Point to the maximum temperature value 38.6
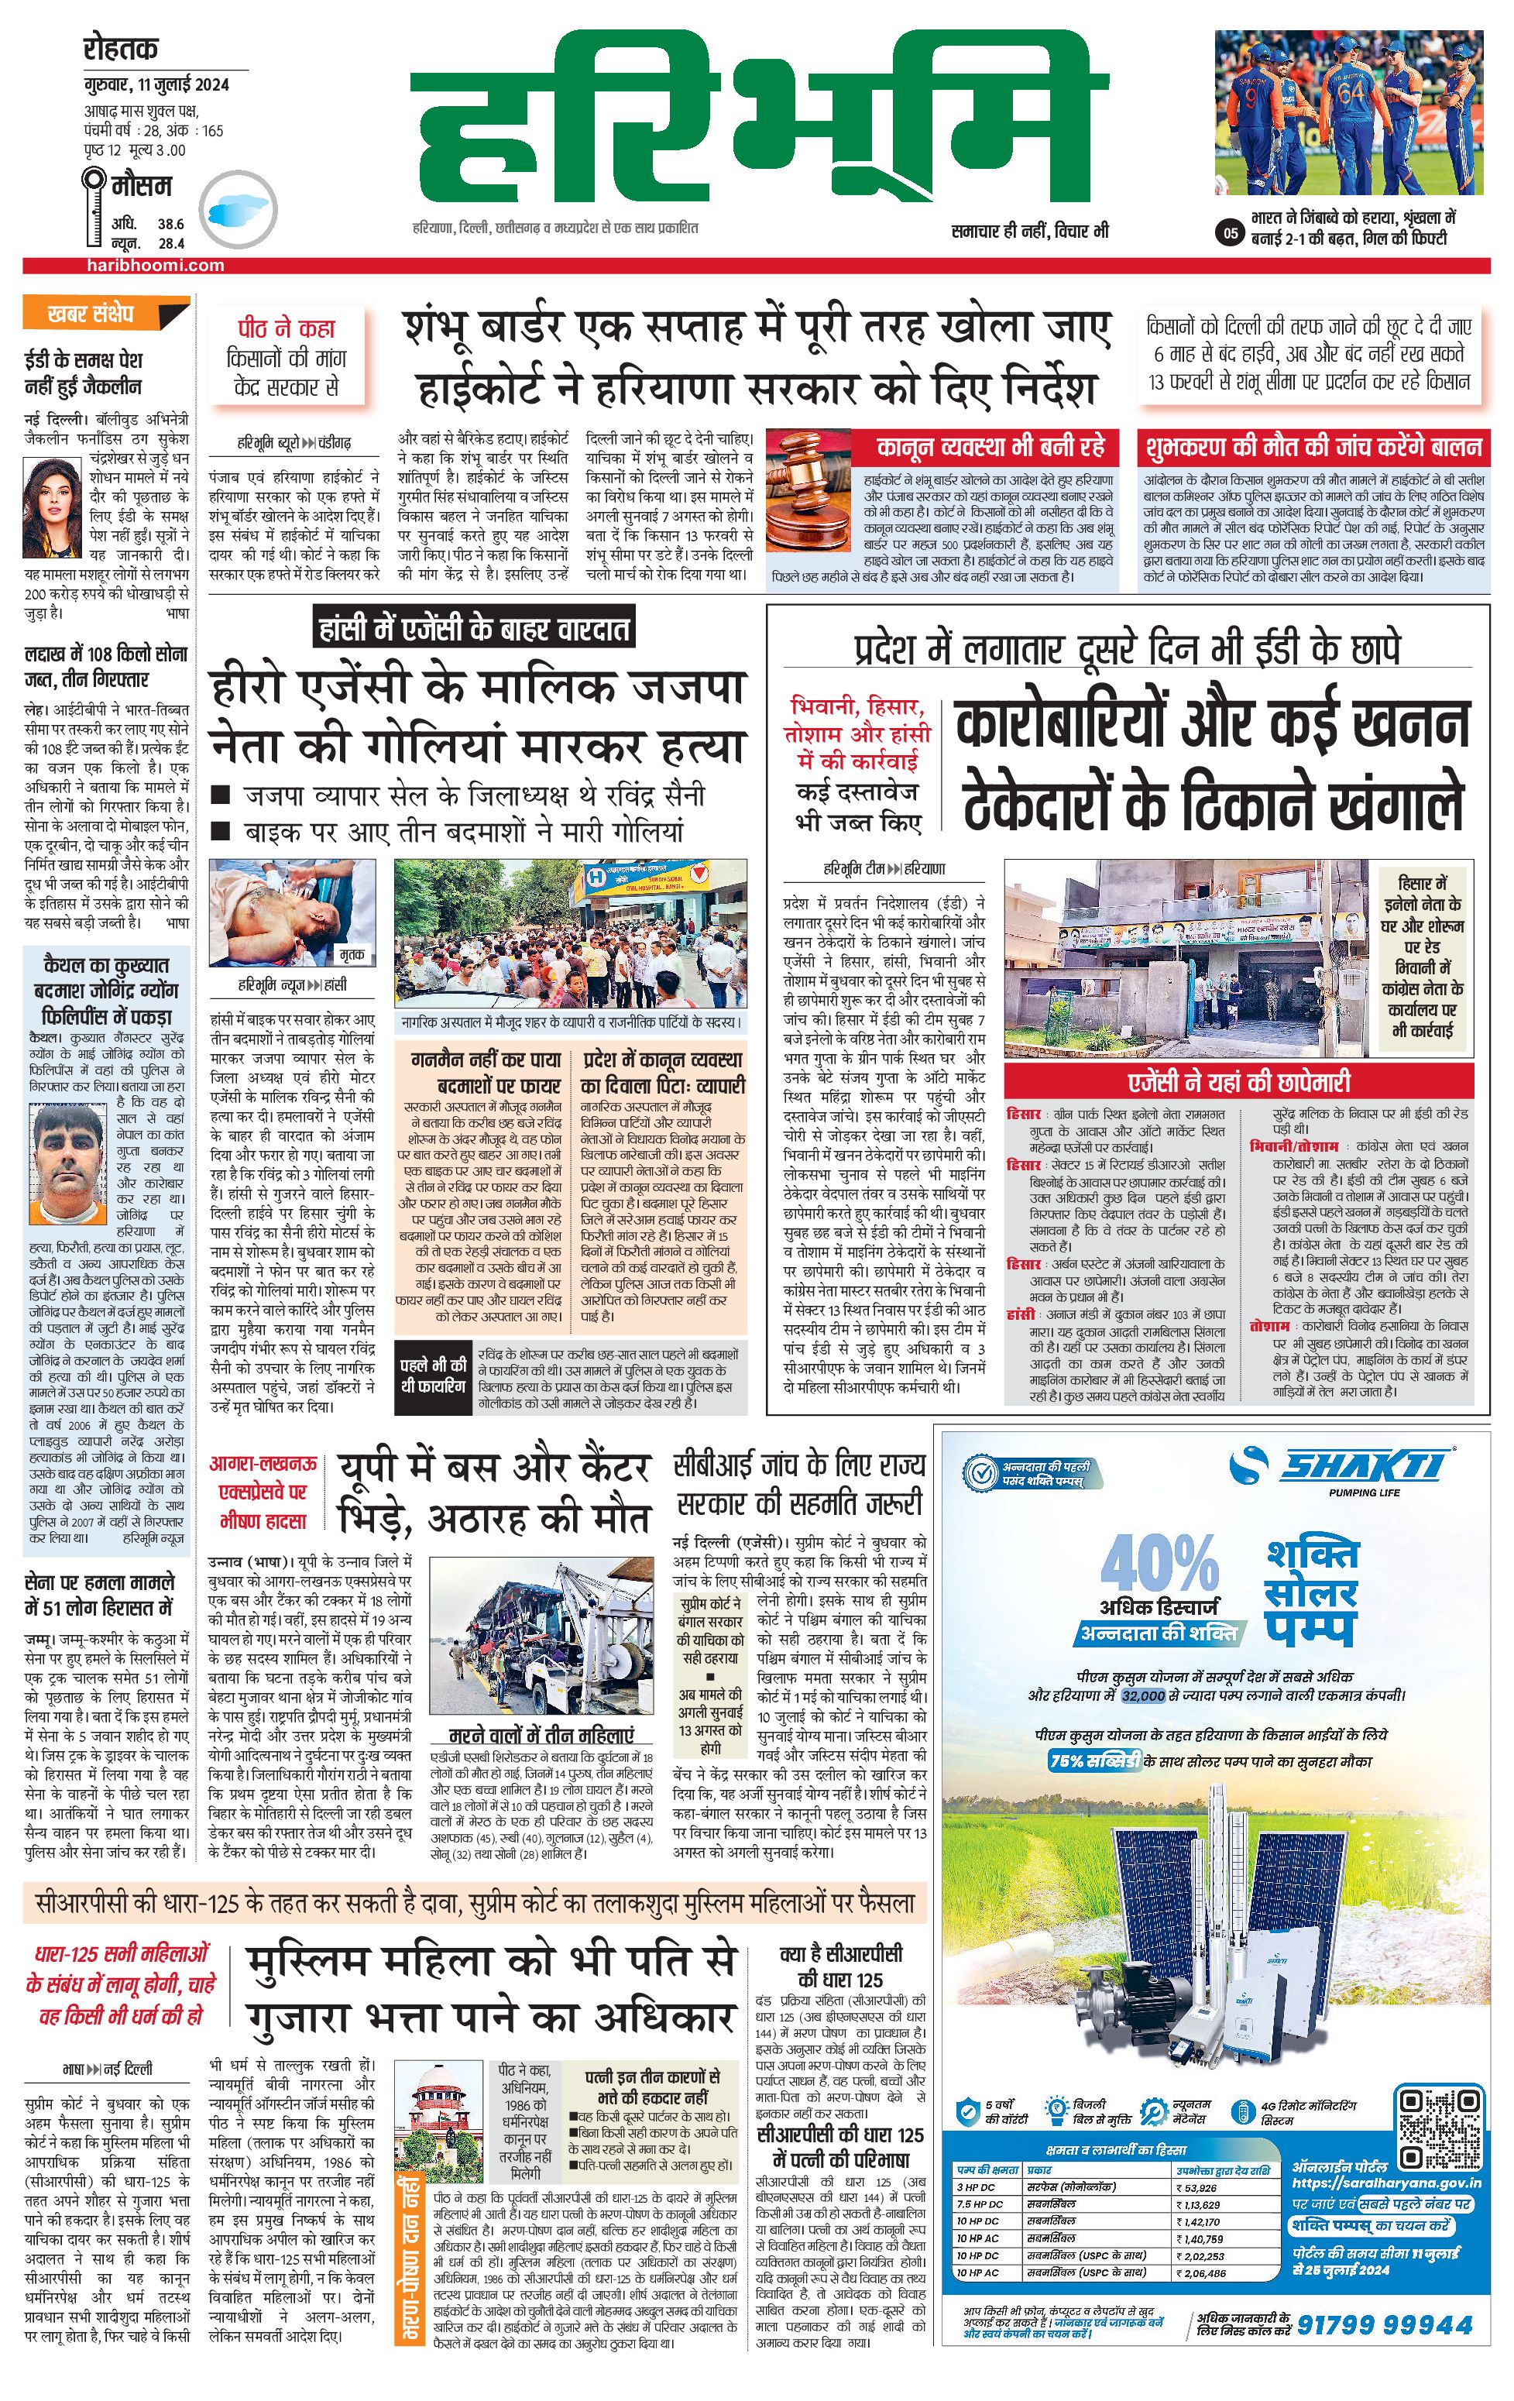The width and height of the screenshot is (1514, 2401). point(170,225)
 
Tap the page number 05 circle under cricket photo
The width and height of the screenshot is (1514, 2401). point(1230,233)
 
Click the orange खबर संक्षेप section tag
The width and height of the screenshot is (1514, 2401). point(91,313)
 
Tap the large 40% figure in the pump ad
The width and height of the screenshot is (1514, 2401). point(1159,1562)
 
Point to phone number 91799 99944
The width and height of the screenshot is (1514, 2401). point(1383,2325)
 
